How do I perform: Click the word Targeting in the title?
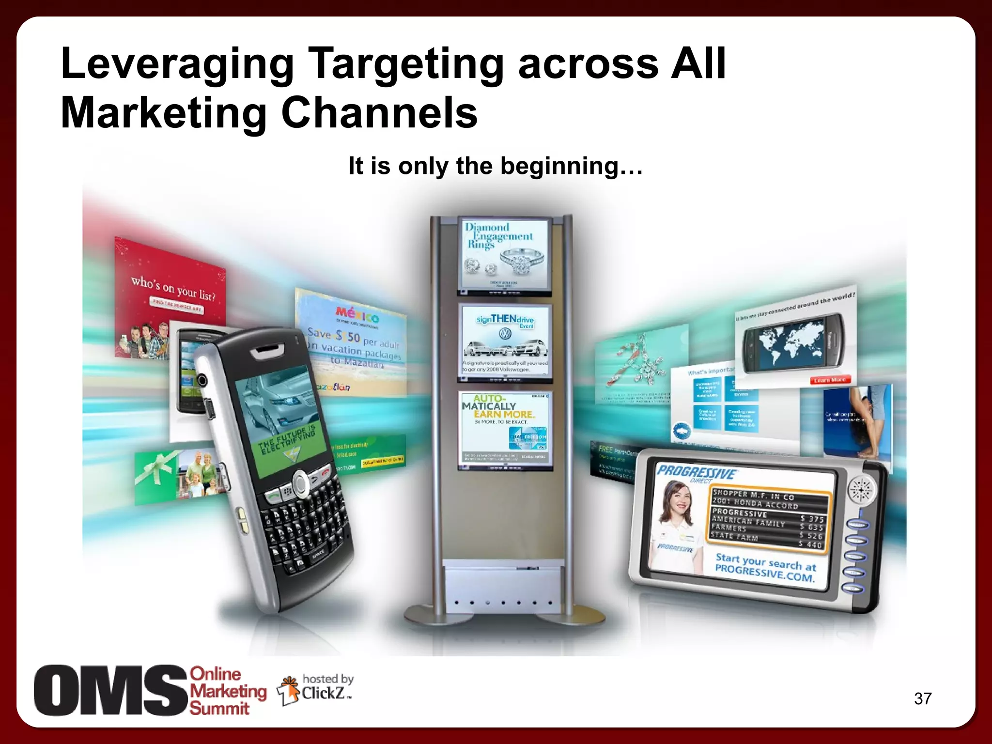(406, 64)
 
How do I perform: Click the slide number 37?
(923, 698)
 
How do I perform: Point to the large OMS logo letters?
(110, 690)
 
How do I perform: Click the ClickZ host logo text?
(323, 693)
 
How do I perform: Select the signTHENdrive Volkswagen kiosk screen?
(505, 340)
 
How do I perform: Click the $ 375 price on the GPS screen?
(812, 519)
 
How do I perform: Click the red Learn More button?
(829, 380)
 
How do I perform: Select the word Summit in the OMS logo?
(219, 708)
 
